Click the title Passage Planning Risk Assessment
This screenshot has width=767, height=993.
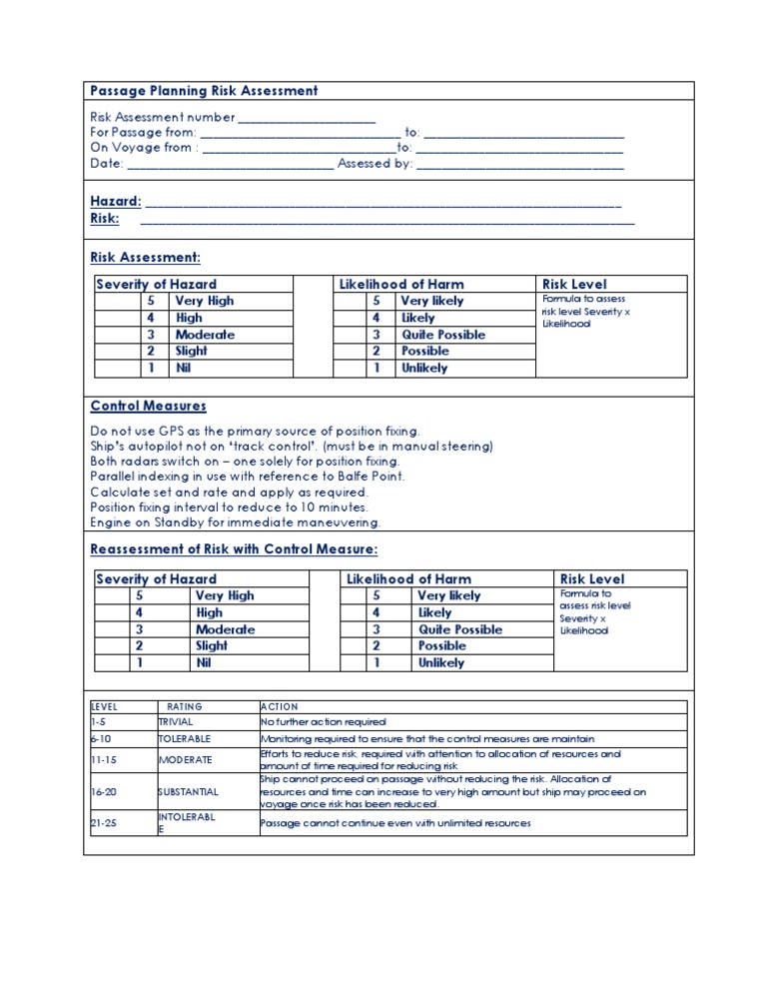coord(204,91)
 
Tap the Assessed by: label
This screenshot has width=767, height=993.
coord(375,164)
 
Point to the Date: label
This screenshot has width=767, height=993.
coord(107,164)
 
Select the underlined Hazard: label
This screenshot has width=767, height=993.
coord(115,202)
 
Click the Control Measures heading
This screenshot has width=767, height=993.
coord(149,407)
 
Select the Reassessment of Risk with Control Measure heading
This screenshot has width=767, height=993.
coord(234,549)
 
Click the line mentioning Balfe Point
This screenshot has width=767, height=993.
coord(247,477)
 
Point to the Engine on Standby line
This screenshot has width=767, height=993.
coord(235,522)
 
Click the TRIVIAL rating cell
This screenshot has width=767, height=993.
coord(176,722)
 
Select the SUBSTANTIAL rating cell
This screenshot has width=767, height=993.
coord(188,791)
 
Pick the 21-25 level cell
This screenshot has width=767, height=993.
coord(104,823)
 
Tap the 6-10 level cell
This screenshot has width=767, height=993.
coord(102,740)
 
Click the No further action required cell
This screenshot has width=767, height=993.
coord(323,722)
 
